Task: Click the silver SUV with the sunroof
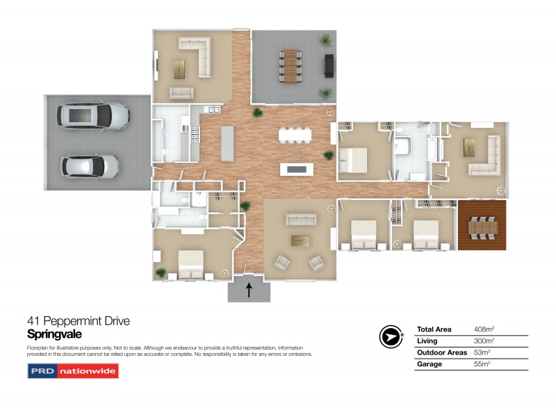pyautogui.click(x=95, y=116)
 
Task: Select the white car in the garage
pyautogui.click(x=90, y=166)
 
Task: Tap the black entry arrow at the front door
pyautogui.click(x=249, y=289)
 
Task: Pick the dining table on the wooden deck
pyautogui.click(x=482, y=227)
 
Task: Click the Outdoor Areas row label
pyautogui.click(x=441, y=352)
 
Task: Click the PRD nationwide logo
pyautogui.click(x=73, y=371)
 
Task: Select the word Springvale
pyautogui.click(x=54, y=334)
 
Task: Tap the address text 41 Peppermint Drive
pyautogui.click(x=78, y=321)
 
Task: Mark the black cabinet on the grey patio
pyautogui.click(x=328, y=66)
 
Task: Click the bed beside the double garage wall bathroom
pyautogui.click(x=190, y=265)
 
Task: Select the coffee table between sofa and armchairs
pyautogui.click(x=300, y=240)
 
